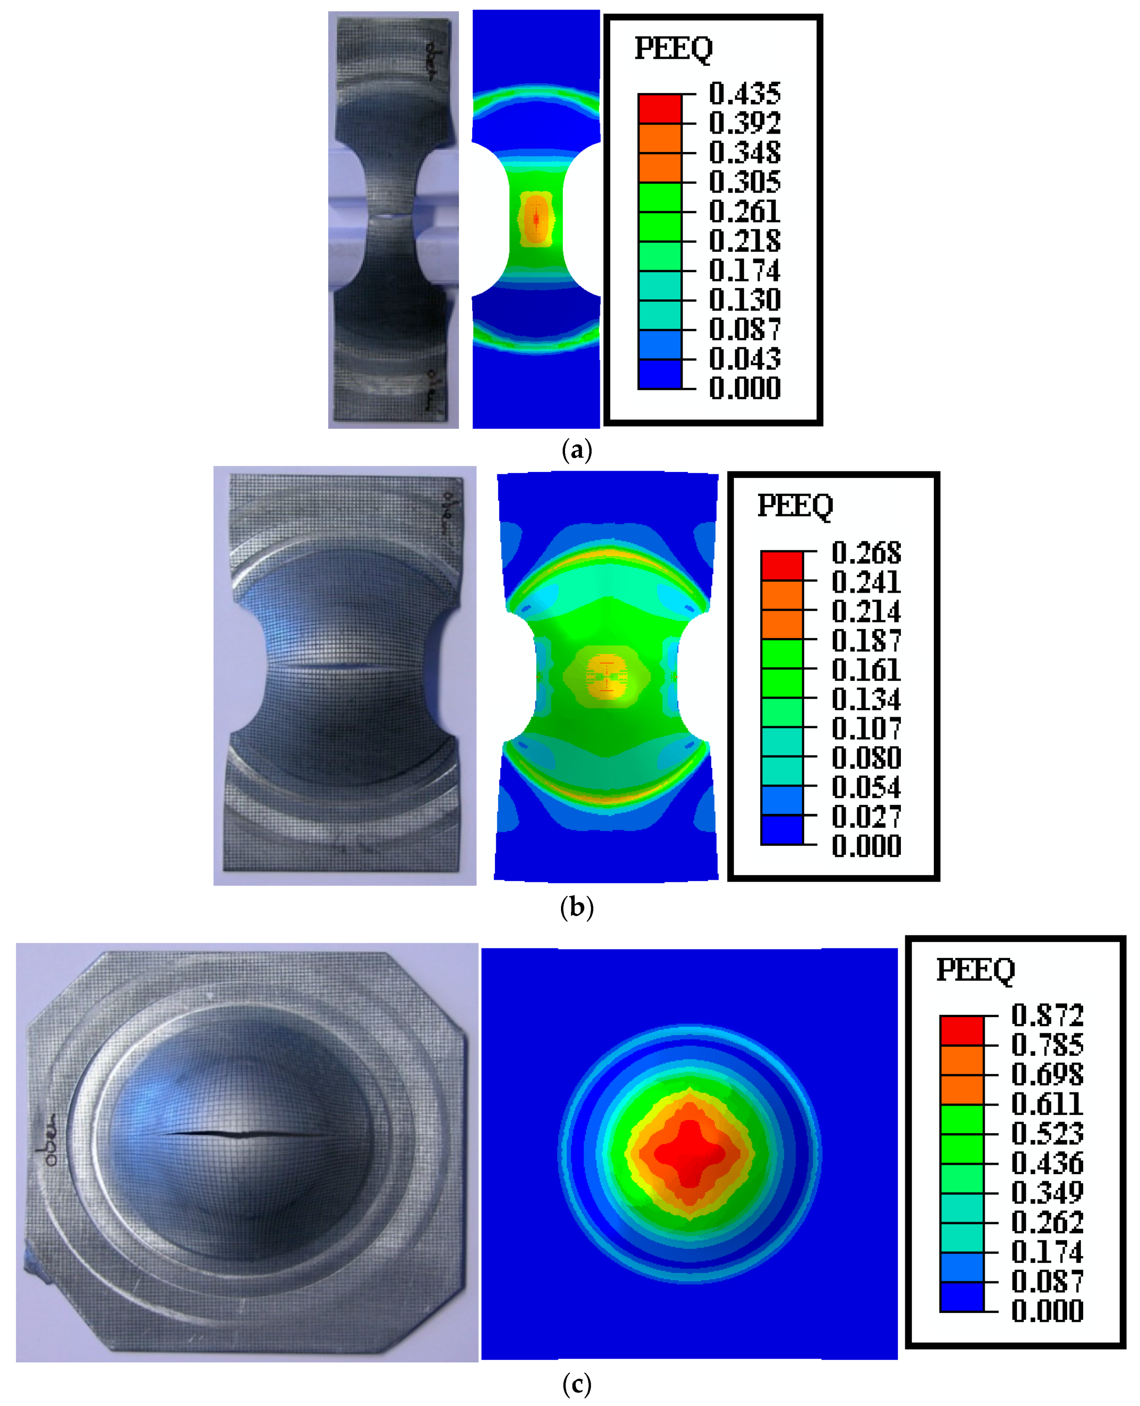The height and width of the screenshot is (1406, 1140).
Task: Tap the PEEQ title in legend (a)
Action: click(673, 48)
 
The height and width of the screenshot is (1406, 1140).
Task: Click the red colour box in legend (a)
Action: click(659, 108)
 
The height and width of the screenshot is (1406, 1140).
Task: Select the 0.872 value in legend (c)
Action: click(1047, 1015)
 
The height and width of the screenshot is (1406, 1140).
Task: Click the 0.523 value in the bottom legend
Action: click(1047, 1133)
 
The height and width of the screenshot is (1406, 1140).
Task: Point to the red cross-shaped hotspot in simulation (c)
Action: click(690, 1152)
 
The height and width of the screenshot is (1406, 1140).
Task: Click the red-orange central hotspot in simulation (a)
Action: click(537, 219)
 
